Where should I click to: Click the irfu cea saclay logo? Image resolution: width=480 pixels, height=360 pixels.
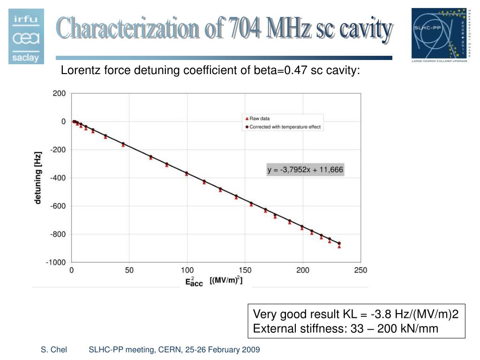tap(26, 36)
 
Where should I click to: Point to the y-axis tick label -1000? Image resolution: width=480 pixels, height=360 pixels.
tap(56, 262)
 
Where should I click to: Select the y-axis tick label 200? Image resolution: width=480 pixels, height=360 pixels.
tap(59, 93)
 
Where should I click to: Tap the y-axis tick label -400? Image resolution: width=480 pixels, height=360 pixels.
tap(58, 178)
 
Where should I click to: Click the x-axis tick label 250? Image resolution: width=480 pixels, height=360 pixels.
tap(360, 270)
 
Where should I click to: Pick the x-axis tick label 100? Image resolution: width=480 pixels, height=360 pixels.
tap(187, 270)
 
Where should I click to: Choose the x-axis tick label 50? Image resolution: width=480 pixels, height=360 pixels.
tap(129, 270)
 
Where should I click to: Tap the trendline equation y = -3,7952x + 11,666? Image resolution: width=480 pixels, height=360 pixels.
tap(305, 170)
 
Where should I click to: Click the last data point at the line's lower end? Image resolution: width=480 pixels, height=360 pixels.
tap(339, 244)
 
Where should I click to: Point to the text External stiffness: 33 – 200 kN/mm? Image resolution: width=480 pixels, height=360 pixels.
tap(345, 329)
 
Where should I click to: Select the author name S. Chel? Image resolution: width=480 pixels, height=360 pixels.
tap(53, 350)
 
